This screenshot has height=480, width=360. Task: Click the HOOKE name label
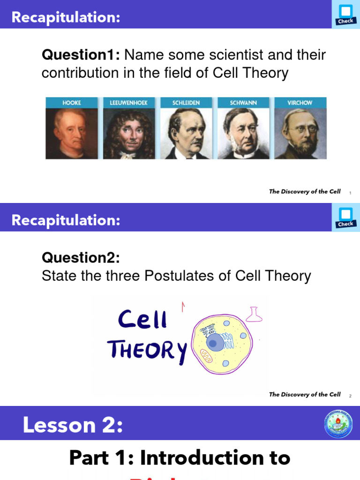point(72,103)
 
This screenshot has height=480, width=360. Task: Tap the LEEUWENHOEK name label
point(129,103)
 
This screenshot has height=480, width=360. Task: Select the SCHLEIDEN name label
point(186,103)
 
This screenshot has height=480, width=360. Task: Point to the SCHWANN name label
point(243,103)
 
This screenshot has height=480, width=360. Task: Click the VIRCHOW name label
point(300,103)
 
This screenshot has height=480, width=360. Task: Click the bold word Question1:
point(81,55)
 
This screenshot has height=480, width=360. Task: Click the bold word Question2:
point(81,257)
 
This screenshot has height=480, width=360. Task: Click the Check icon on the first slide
point(345,15)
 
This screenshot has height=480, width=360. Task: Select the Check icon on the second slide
point(345,217)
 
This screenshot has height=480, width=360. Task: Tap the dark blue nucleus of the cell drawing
point(214,343)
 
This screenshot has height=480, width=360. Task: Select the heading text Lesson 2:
point(73,425)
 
